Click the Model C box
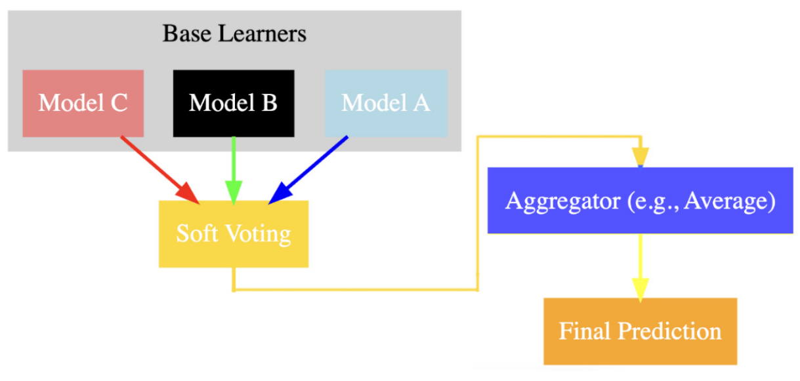[x=83, y=103]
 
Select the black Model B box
[x=233, y=103]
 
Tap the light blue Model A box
[x=386, y=103]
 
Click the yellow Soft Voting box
[x=233, y=233]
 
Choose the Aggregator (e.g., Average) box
[x=640, y=201]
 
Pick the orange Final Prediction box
[x=640, y=331]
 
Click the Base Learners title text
[x=234, y=33]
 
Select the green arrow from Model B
[x=234, y=164]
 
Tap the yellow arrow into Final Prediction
[x=640, y=262]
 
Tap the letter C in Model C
[x=118, y=103]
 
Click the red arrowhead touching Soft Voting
[x=189, y=193]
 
